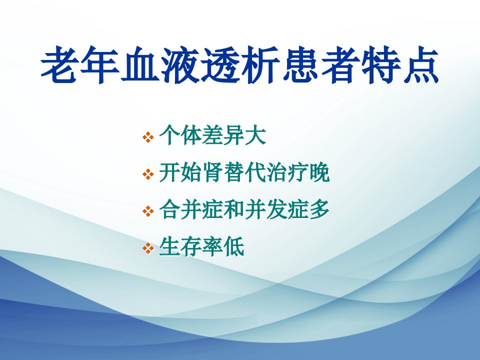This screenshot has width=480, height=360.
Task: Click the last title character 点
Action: point(421,64)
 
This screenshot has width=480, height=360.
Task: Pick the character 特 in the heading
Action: point(381,64)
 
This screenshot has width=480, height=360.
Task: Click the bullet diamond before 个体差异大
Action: point(148,137)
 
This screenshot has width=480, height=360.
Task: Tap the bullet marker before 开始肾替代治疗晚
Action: point(148,174)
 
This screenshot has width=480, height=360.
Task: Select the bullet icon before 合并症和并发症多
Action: point(148,211)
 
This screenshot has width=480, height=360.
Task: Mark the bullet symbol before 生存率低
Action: point(148,248)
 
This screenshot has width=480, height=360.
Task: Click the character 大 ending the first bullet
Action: point(255,135)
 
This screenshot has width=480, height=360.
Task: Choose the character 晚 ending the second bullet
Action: point(319,172)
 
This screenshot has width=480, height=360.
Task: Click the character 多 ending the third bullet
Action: point(319,209)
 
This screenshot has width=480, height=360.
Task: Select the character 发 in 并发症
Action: point(276,209)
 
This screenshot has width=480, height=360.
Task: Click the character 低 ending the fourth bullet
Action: point(234,246)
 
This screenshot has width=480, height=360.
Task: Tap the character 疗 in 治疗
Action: point(298,172)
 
